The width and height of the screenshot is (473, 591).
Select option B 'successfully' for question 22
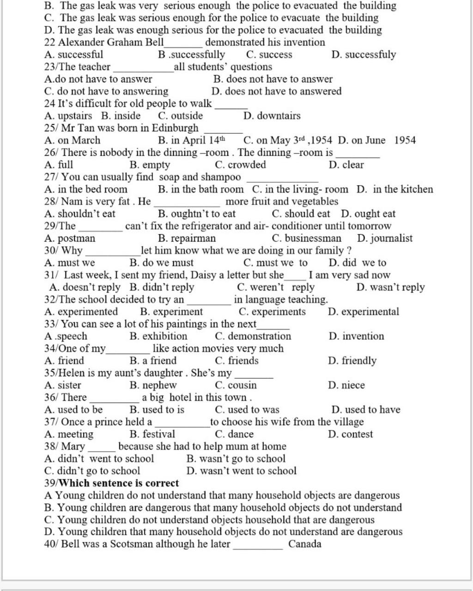tap(191, 55)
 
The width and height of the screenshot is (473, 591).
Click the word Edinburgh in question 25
tap(175, 128)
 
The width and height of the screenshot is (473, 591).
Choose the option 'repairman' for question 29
tap(187, 238)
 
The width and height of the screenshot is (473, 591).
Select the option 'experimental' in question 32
tap(364, 312)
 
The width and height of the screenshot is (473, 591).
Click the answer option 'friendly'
tap(352, 361)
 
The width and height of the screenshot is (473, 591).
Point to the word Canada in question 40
tap(305, 544)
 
